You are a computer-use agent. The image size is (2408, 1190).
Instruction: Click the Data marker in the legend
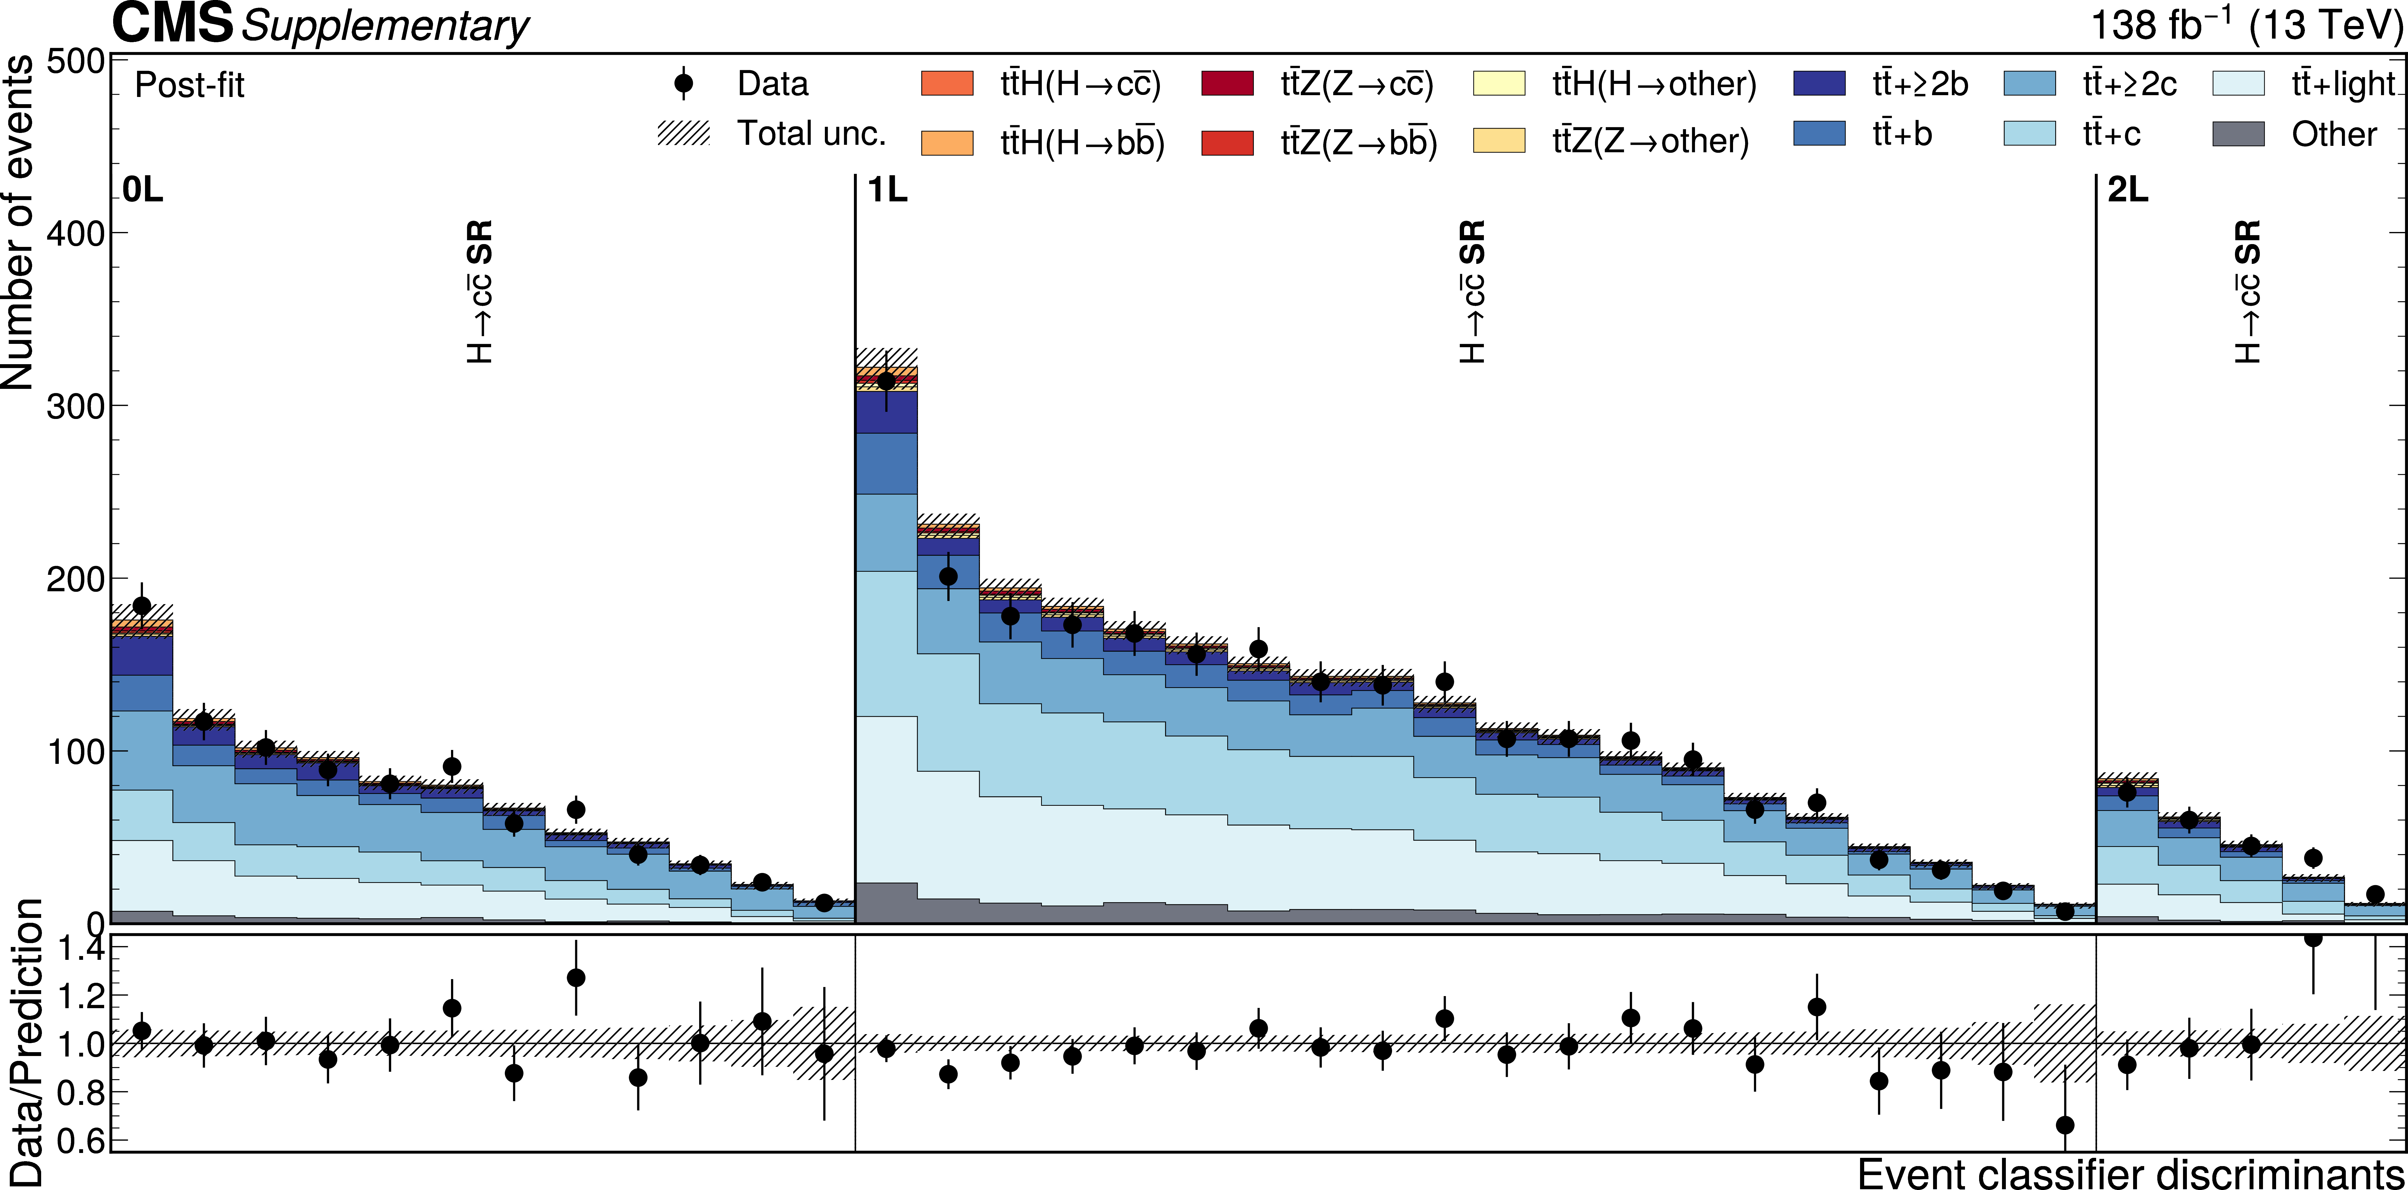click(x=683, y=83)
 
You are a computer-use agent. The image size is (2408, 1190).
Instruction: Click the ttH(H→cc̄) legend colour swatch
click(x=947, y=83)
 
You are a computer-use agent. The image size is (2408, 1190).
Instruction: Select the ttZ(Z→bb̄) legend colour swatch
click(x=1226, y=142)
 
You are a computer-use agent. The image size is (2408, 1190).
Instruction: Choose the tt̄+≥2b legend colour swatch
click(x=1819, y=83)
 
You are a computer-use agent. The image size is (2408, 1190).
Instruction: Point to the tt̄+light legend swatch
click(x=2239, y=83)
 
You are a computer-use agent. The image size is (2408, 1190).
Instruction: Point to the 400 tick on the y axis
click(x=75, y=233)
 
